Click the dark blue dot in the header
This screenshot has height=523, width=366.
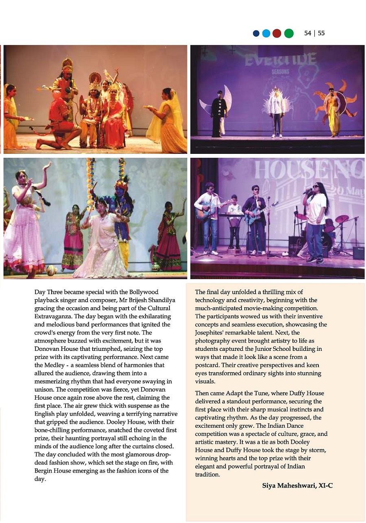click(x=256, y=34)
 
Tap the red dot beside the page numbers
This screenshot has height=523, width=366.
click(x=277, y=34)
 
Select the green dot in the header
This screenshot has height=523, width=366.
click(x=289, y=34)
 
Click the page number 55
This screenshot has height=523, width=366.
click(x=321, y=33)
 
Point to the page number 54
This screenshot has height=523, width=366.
click(x=308, y=33)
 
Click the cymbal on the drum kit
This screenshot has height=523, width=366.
click(x=342, y=219)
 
